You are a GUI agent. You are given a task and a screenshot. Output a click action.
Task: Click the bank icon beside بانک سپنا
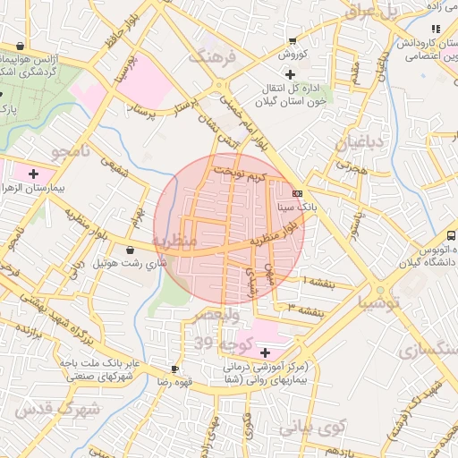click(x=298, y=192)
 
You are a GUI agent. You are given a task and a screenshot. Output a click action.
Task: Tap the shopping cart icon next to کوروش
click(x=293, y=41)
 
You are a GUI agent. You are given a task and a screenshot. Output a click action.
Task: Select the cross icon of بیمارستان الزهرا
click(x=34, y=174)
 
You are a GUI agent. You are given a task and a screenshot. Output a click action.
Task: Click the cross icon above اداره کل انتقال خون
click(x=288, y=74)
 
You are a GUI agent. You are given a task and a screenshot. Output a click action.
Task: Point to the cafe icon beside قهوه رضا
click(x=174, y=369)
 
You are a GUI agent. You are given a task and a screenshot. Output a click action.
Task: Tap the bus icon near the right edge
click(x=452, y=235)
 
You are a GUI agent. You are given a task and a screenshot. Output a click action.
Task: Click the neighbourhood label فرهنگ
click(x=211, y=55)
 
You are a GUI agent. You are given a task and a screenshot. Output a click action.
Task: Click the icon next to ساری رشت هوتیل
click(x=132, y=250)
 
